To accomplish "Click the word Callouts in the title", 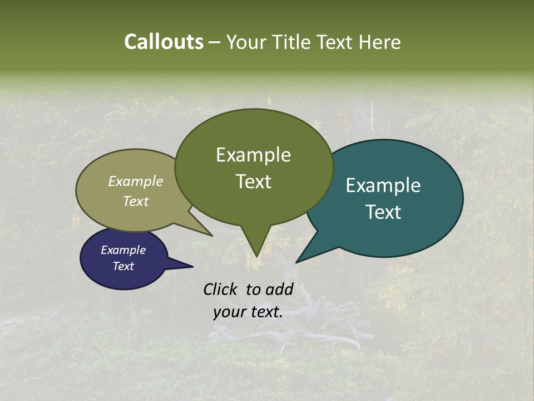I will tap(164, 42).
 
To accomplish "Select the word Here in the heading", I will tap(380, 42).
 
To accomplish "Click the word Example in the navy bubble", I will tap(123, 250).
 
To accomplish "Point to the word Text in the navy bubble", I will tap(123, 266).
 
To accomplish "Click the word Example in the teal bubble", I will tap(383, 185).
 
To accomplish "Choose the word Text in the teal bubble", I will tap(383, 212).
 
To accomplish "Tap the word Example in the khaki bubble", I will tap(136, 182).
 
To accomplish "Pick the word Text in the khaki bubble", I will tap(136, 201).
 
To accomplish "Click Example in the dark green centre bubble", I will tap(254, 155).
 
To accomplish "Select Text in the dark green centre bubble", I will tap(254, 182).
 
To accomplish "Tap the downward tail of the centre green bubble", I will tap(255, 251).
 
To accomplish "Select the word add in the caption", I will tap(279, 289).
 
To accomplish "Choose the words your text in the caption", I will tap(248, 312).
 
